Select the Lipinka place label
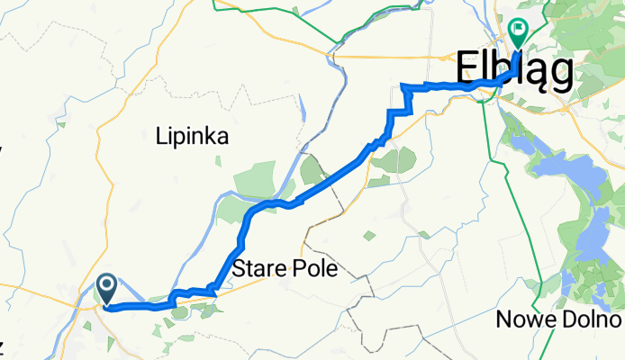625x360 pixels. (x=192, y=137)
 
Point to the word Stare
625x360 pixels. (x=255, y=269)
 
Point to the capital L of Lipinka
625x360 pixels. (x=159, y=137)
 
